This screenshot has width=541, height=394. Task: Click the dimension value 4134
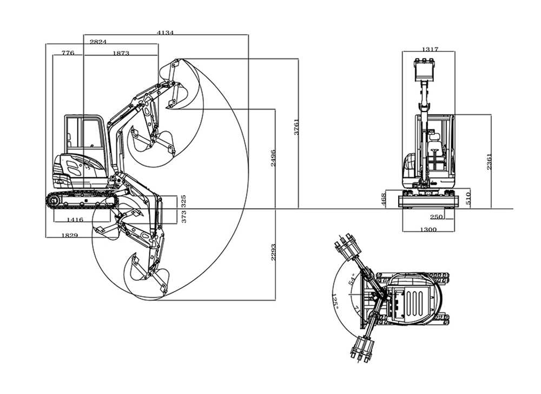(x=165, y=33)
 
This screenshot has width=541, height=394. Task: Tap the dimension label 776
(x=68, y=53)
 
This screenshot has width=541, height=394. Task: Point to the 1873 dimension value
(x=121, y=53)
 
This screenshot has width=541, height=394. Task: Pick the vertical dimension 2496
(x=273, y=157)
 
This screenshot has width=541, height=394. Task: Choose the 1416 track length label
(x=75, y=219)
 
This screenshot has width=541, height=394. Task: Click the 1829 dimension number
(x=69, y=235)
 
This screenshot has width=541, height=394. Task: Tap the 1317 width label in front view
(x=429, y=49)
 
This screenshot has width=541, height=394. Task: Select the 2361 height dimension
(x=489, y=161)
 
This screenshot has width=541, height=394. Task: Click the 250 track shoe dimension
(x=437, y=217)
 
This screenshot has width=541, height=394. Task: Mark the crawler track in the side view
(x=82, y=200)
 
